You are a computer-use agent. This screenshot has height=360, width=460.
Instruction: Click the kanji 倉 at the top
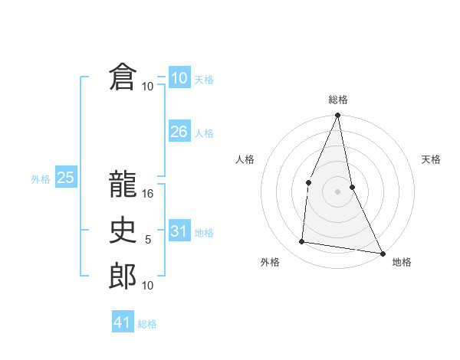123,77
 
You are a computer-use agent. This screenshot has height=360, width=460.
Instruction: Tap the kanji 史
123,231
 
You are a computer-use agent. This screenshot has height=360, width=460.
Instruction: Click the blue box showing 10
179,78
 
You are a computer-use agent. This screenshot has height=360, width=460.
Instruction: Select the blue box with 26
179,132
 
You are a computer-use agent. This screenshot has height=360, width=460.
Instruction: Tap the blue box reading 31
179,231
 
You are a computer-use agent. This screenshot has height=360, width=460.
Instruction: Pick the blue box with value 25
65,178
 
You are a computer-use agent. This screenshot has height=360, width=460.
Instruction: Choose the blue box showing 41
123,322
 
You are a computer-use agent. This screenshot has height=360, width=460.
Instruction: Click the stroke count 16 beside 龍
148,194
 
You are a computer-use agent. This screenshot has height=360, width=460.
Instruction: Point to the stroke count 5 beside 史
148,240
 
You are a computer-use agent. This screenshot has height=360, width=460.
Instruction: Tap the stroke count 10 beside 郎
148,286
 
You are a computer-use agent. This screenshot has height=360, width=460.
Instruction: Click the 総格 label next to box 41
147,324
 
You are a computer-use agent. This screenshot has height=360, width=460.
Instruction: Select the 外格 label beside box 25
41,179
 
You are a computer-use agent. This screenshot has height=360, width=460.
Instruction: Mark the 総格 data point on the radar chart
337,116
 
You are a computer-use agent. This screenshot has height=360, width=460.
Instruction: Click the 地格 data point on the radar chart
382,253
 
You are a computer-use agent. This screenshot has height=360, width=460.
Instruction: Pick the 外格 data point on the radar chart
302,242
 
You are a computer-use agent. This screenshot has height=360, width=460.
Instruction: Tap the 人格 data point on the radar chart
308,182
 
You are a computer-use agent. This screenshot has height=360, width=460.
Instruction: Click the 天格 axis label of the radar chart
431,160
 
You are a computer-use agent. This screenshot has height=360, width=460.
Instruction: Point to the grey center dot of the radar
337,191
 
